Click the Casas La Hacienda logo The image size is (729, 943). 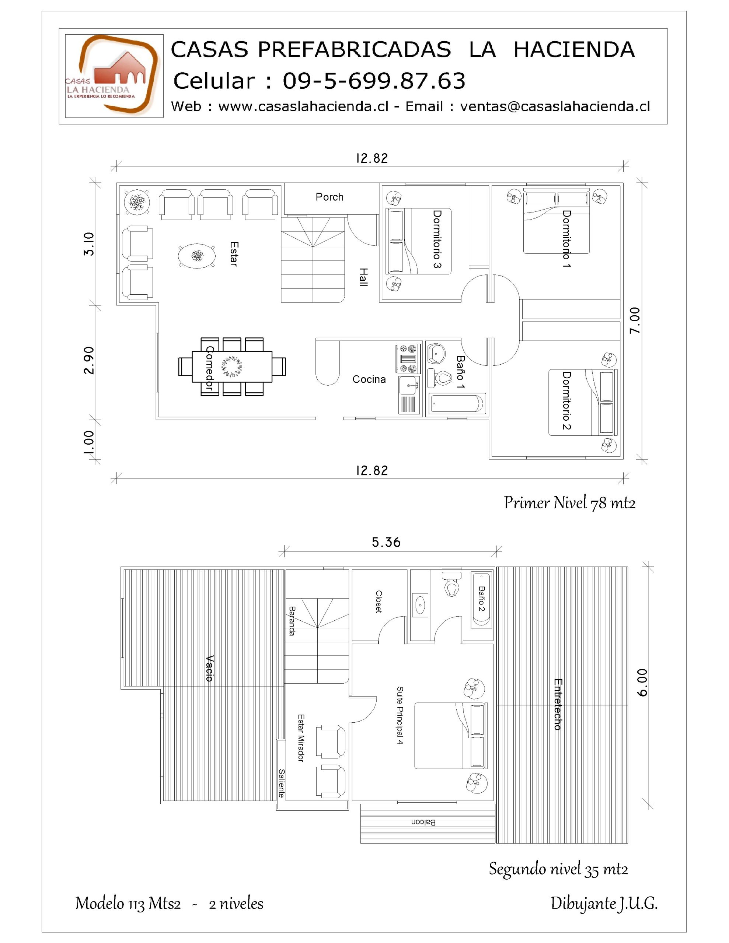tap(114, 76)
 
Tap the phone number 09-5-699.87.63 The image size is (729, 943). tap(374, 81)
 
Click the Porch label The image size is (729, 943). tap(329, 197)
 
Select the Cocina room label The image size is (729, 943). tap(369, 379)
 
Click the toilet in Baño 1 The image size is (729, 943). tap(439, 378)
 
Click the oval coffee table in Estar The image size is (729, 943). tap(196, 256)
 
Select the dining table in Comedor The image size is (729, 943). tap(232, 367)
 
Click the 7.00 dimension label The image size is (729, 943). tap(634, 320)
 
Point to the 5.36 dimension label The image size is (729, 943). tap(386, 542)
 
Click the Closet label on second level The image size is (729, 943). tap(379, 602)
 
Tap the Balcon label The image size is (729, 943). tap(423, 822)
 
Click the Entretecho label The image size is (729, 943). tap(558, 704)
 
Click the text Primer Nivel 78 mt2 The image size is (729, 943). tap(569, 502)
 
